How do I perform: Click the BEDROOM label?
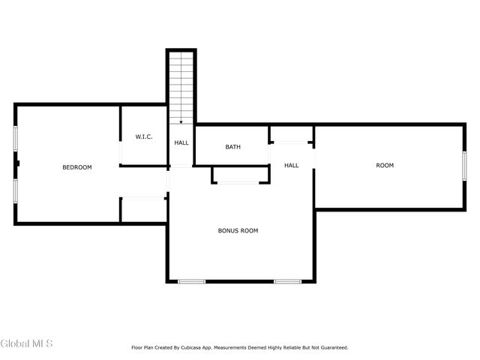(x=76, y=167)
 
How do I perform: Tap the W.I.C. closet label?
(x=144, y=136)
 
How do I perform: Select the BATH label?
(x=232, y=147)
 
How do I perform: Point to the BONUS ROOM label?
(x=238, y=231)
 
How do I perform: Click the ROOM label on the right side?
(x=384, y=165)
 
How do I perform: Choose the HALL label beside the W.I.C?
(x=181, y=142)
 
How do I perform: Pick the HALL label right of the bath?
(x=291, y=165)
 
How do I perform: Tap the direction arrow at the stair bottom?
(x=181, y=122)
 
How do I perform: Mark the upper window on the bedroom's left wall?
(x=15, y=139)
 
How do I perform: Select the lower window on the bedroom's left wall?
(x=15, y=190)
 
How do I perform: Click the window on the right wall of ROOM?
(x=464, y=166)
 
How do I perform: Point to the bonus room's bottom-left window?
(x=191, y=281)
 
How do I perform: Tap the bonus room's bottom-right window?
(x=287, y=281)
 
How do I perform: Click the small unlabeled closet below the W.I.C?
(x=142, y=209)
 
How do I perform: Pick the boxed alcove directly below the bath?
(x=240, y=175)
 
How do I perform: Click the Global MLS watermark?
(x=27, y=343)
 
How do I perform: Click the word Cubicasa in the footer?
(x=198, y=348)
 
